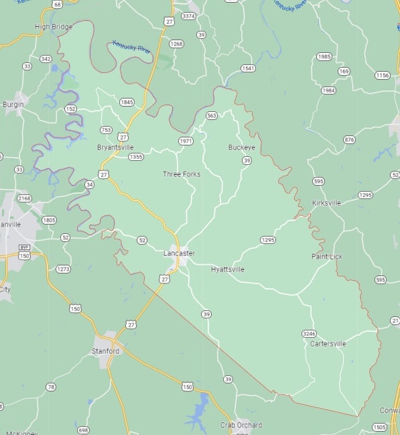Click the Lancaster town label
179,253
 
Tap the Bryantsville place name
115,147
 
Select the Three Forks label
182,174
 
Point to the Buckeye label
241,147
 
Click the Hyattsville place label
228,269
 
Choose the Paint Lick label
327,257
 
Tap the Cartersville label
328,344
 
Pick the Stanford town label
106,351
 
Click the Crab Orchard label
241,425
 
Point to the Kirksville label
326,202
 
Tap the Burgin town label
13,105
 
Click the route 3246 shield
309,333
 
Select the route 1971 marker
186,141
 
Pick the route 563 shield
212,115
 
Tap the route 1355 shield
136,157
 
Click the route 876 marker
349,139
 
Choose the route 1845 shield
127,103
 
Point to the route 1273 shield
63,269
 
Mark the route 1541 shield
248,68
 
